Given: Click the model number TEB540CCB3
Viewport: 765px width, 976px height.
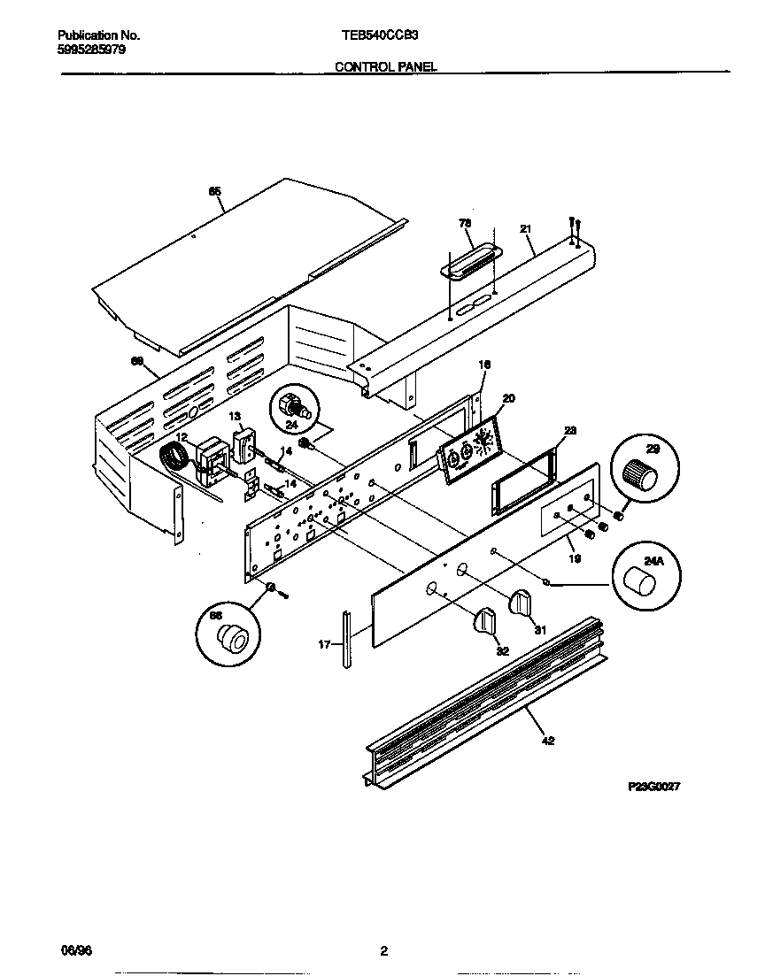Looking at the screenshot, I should point(380,36).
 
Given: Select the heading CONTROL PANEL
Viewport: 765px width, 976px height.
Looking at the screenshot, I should point(385,66).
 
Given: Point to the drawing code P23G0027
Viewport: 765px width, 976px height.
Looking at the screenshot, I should point(653,786).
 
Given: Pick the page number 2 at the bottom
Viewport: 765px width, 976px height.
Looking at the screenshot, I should point(383,951).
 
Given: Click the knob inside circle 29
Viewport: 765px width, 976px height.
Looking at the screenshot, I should point(643,475).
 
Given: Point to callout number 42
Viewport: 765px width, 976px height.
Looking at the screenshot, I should point(548,741).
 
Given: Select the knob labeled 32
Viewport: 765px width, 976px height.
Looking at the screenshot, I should point(485,620).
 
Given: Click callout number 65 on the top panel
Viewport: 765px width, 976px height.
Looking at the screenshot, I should point(213,191).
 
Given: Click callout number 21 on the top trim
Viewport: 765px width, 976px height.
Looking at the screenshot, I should point(525,229).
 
